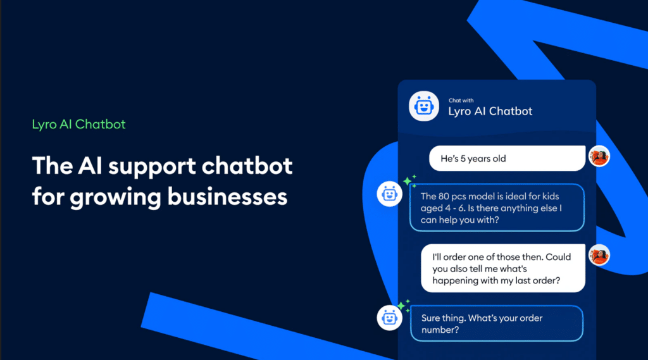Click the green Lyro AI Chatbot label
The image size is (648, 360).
coord(79,124)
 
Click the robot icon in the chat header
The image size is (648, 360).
coord(423,106)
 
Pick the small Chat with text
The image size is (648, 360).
coord(461,101)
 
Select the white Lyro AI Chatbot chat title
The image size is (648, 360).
coord(490,112)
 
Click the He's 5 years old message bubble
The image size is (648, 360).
coord(507,159)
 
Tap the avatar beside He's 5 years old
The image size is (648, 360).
coord(599,156)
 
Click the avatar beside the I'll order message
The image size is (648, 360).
coord(599,255)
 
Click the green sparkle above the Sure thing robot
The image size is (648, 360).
coord(402,304)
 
